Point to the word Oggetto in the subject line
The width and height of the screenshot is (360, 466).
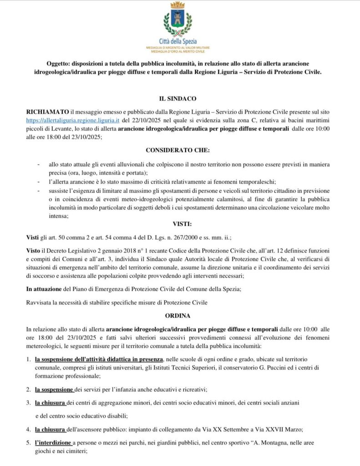(58, 64)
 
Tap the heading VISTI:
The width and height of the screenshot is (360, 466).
(182, 224)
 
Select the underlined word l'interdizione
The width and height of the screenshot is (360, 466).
(53, 442)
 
